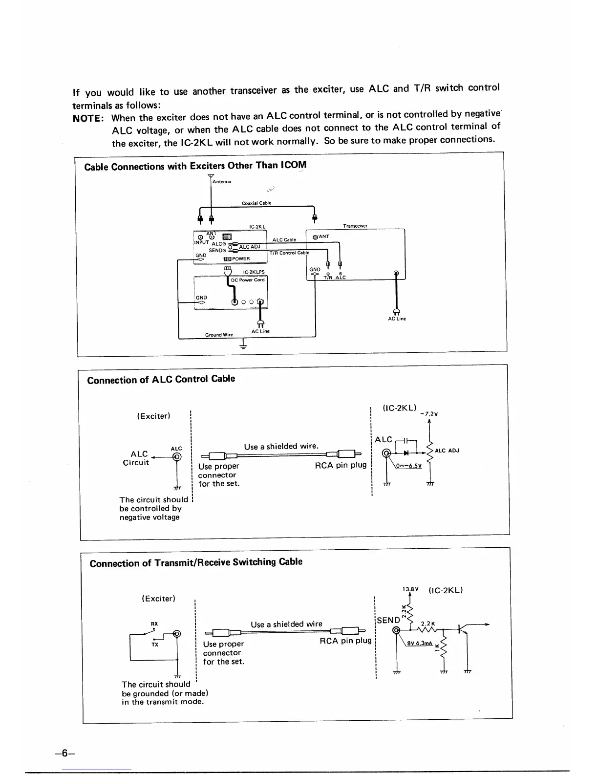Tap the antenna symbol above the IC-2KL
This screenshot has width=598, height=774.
(211, 177)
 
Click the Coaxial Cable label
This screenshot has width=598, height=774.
(256, 203)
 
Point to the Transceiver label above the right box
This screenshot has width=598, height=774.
(355, 226)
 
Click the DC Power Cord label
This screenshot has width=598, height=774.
(248, 280)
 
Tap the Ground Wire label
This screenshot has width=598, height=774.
(219, 335)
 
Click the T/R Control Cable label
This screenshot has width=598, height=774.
(289, 253)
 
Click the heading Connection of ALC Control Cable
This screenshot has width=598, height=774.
(161, 379)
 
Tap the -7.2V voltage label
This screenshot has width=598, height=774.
(428, 414)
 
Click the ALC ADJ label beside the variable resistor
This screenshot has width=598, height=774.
(447, 451)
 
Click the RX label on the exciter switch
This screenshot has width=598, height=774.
(154, 624)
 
